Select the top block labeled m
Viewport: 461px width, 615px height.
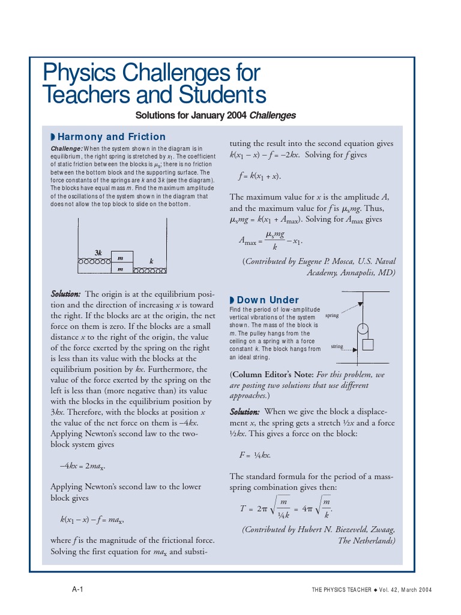[x=120, y=259]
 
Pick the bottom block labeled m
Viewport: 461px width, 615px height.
[x=120, y=270]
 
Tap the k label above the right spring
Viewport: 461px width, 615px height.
[x=151, y=261]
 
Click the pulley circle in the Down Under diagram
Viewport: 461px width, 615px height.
[x=362, y=329]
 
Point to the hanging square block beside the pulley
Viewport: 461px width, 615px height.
[x=369, y=345]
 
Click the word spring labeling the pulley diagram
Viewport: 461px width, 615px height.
[x=333, y=315]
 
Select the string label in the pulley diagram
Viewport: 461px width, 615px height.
[x=337, y=347]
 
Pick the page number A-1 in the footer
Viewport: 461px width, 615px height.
[x=77, y=589]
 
